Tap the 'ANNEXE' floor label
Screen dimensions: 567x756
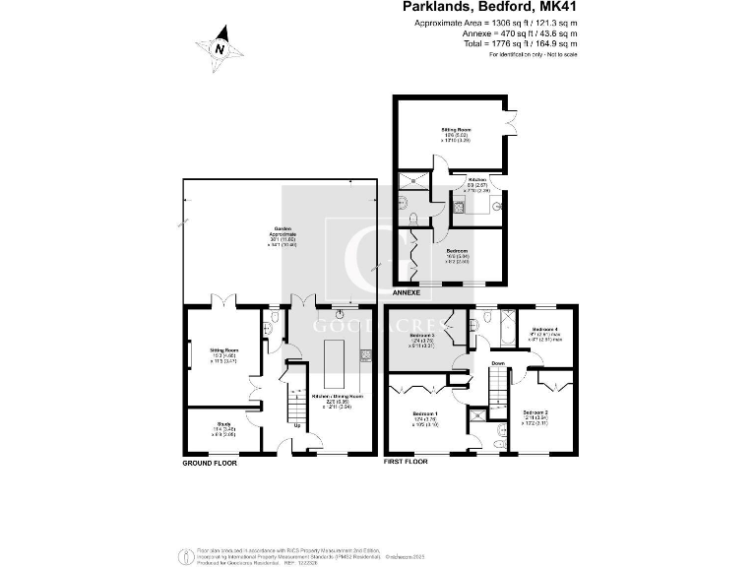pos(407,292)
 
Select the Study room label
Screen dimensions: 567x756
pos(223,430)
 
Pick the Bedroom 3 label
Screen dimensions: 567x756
pos(423,338)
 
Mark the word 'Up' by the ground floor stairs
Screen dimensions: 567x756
pos(298,425)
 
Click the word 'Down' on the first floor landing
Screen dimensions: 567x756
pos(499,363)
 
